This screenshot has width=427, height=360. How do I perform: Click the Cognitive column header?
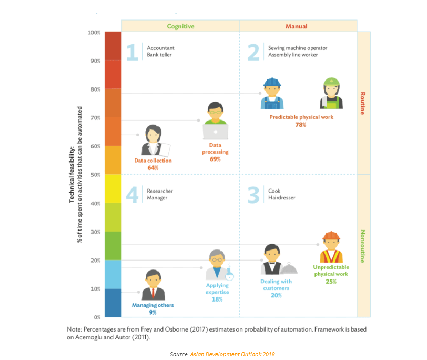pyautogui.click(x=180, y=26)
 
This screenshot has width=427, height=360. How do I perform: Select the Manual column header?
pyautogui.click(x=297, y=26)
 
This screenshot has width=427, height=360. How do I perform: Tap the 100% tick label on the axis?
pyautogui.click(x=94, y=33)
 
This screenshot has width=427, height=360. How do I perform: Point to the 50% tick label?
pyautogui.click(x=95, y=175)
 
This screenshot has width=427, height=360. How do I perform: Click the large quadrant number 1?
pyautogui.click(x=131, y=53)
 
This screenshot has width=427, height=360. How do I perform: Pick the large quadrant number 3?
pyautogui.click(x=253, y=195)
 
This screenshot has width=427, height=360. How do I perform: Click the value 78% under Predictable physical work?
pyautogui.click(x=301, y=125)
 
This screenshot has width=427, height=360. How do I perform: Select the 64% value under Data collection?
pyautogui.click(x=153, y=168)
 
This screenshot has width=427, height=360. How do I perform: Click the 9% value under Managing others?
pyautogui.click(x=152, y=313)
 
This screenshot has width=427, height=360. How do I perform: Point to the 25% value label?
pyautogui.click(x=331, y=282)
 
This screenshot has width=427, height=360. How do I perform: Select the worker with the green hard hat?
pyautogui.click(x=331, y=93)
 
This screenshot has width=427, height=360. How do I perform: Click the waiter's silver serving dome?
pyautogui.click(x=289, y=269)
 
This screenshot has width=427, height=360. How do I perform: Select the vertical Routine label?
pyautogui.click(x=362, y=103)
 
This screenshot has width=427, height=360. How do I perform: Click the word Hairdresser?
pyautogui.click(x=282, y=198)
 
